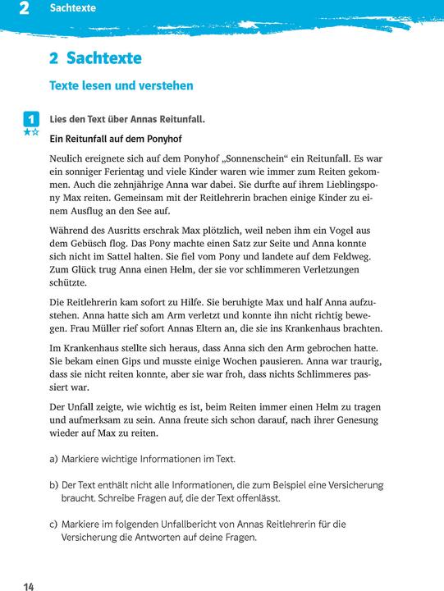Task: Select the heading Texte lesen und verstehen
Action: [121, 85]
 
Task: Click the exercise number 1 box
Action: [30, 118]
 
